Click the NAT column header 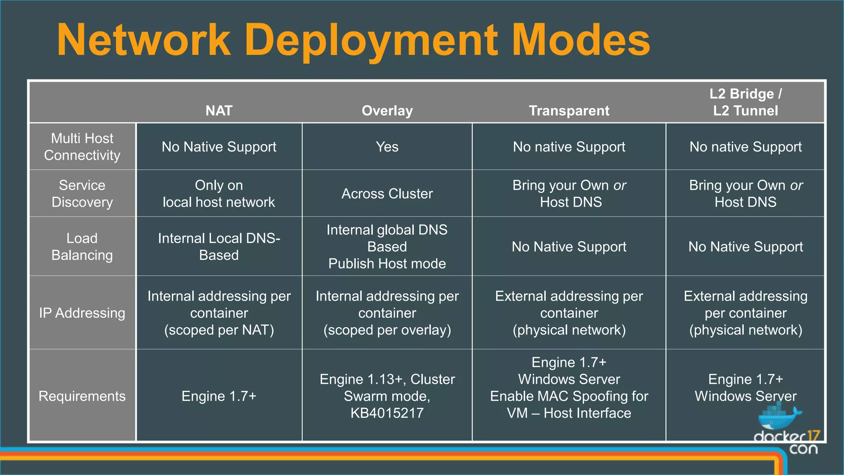click(219, 111)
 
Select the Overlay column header click(387, 111)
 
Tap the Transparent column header click(569, 111)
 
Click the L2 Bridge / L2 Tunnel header click(746, 102)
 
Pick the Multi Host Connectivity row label click(82, 147)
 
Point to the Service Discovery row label click(82, 193)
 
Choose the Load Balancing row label click(82, 247)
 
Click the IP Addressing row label click(82, 313)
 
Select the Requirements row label click(82, 396)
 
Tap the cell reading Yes click(387, 147)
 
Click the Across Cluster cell click(387, 193)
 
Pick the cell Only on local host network click(219, 193)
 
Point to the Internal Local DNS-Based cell click(219, 247)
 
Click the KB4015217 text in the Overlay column click(387, 413)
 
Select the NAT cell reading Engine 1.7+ click(219, 396)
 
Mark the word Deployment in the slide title click(371, 40)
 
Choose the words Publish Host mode click(387, 263)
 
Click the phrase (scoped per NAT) click(219, 330)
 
